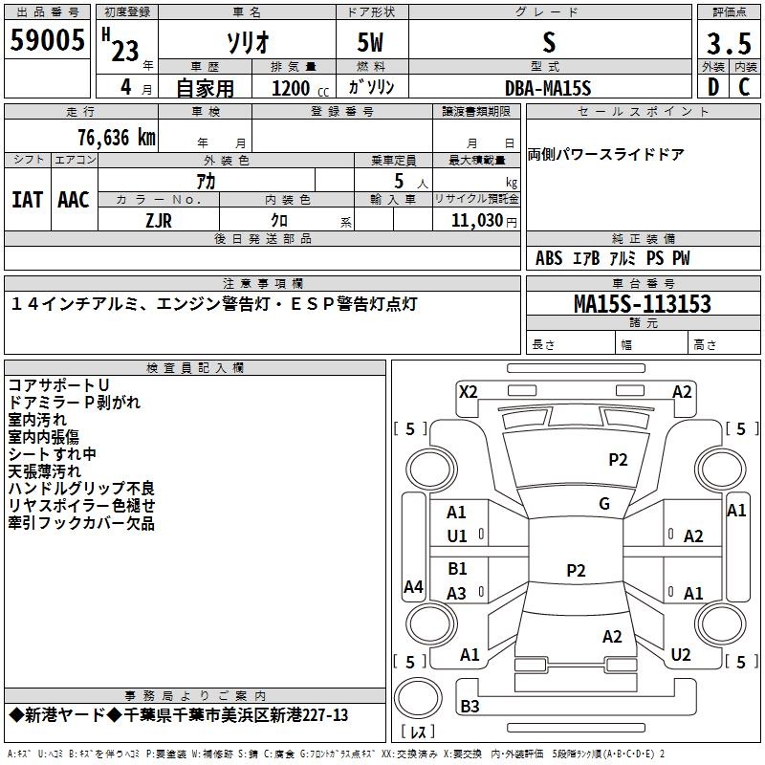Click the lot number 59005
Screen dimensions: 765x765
[x=47, y=40]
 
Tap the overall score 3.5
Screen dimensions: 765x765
[x=729, y=43]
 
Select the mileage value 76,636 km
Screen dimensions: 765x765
[x=117, y=138]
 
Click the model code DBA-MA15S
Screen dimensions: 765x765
[x=548, y=88]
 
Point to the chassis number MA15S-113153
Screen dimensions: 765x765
[x=643, y=304]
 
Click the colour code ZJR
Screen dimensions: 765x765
[x=159, y=221]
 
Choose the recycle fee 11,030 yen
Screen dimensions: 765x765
[x=484, y=221]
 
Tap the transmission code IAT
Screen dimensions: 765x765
[x=27, y=200]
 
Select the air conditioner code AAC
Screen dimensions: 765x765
[x=74, y=200]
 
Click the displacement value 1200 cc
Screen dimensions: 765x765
[x=299, y=88]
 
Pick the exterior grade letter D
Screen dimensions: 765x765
[x=713, y=87]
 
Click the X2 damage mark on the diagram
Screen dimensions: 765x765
[x=468, y=392]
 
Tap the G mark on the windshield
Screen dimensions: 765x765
[x=604, y=504]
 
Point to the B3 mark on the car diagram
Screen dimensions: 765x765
[x=470, y=706]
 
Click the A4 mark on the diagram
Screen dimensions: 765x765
[x=413, y=586]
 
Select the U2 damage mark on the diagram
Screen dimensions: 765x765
[x=681, y=655]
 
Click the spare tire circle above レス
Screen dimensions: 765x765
[x=418, y=698]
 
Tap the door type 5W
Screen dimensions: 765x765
[x=370, y=42]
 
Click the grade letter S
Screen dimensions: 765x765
[x=549, y=42]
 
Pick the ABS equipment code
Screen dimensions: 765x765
[x=549, y=258]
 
